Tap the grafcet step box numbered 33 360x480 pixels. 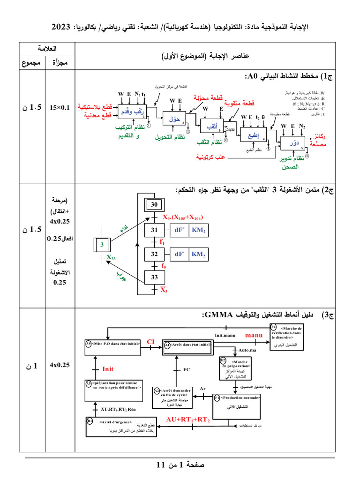154,277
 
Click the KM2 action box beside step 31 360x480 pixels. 199,230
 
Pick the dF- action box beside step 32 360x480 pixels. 179,254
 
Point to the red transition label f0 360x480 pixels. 164,266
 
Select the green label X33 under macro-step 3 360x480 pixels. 111,257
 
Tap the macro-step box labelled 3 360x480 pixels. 101,244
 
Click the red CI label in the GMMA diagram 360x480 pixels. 150,342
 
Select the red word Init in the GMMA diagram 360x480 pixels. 108,369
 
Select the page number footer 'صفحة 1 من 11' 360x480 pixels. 180,465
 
